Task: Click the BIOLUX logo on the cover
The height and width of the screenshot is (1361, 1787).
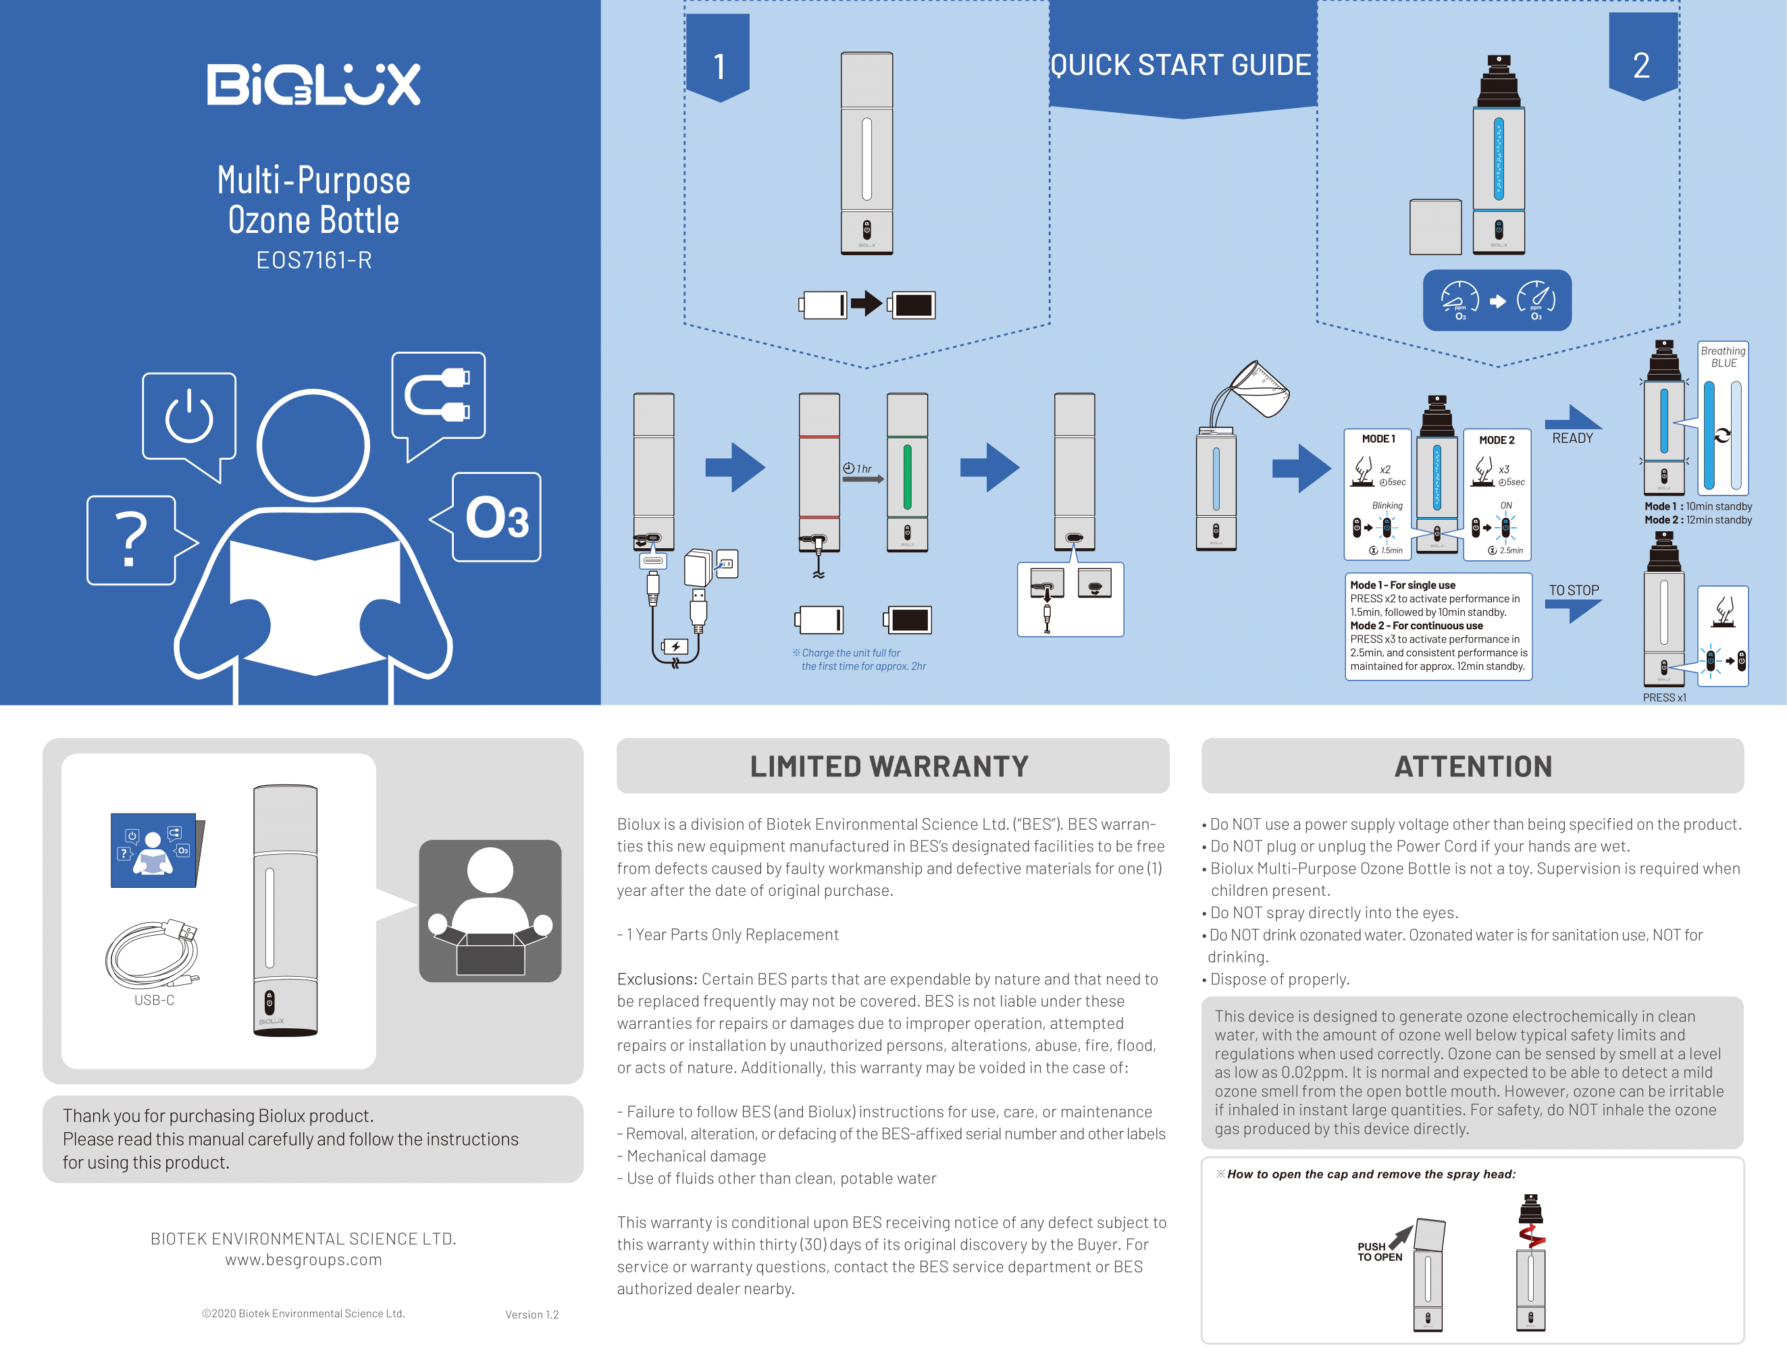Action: (313, 84)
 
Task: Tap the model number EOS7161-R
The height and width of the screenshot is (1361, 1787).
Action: (313, 260)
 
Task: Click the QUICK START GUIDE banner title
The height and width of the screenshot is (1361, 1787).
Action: (1181, 65)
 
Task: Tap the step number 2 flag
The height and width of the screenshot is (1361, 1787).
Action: (1642, 57)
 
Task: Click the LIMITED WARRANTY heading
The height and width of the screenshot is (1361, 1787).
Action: (889, 766)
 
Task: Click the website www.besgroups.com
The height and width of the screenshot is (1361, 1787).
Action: (304, 1260)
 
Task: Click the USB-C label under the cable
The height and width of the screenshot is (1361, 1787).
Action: (154, 1000)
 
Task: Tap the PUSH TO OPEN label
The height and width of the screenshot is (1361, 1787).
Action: (1379, 1252)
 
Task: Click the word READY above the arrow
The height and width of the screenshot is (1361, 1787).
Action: (1572, 438)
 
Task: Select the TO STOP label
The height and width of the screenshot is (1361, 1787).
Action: (1574, 591)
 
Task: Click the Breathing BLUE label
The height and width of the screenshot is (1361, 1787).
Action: (1723, 356)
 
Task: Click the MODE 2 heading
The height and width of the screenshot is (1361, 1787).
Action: (1497, 440)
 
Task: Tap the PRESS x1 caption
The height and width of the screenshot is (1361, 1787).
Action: (1665, 697)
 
